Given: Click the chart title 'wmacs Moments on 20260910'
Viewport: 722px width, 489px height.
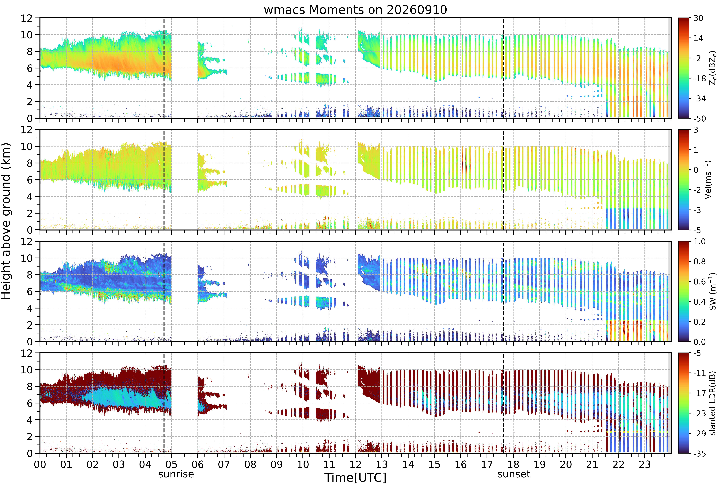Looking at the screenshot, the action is click(x=355, y=10).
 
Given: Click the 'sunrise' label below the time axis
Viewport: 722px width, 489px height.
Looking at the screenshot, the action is click(x=176, y=474).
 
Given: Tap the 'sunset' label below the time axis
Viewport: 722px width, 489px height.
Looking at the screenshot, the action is click(x=514, y=474).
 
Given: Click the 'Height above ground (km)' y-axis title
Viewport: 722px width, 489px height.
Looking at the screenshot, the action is click(x=6, y=221).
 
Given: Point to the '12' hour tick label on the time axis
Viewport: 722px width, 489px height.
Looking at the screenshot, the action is click(x=355, y=464).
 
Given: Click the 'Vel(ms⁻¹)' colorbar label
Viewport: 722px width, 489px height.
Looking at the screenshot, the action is click(x=708, y=180).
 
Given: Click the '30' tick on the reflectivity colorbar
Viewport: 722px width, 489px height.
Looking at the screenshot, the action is click(x=698, y=18).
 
